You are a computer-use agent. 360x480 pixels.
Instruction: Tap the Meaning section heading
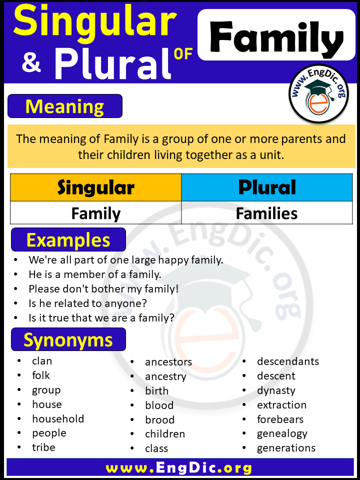pyautogui.click(x=65, y=106)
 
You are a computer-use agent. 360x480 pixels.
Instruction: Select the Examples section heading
pyautogui.click(x=68, y=240)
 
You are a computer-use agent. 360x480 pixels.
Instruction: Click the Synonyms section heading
pyautogui.click(x=68, y=340)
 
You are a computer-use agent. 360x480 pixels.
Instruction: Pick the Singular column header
pyautogui.click(x=96, y=187)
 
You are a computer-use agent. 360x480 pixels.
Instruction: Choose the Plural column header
pyautogui.click(x=267, y=187)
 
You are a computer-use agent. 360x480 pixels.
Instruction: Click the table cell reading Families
pyautogui.click(x=267, y=213)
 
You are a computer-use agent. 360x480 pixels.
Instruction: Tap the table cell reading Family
pyautogui.click(x=96, y=213)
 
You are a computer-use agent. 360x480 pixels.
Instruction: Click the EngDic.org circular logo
pyautogui.click(x=319, y=93)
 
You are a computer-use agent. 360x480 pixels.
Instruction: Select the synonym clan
pyautogui.click(x=42, y=360)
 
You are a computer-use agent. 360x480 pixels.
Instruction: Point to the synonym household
pyautogui.click(x=58, y=418)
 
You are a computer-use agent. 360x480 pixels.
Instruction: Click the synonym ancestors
pyautogui.click(x=168, y=361)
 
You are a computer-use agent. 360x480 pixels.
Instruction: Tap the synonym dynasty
pyautogui.click(x=276, y=390)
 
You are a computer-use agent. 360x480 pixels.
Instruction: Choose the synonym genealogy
pyautogui.click(x=282, y=433)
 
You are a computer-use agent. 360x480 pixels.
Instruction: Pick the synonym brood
pyautogui.click(x=159, y=419)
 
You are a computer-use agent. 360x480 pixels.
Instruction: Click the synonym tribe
pyautogui.click(x=43, y=447)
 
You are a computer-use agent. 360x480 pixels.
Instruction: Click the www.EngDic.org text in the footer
pyautogui.click(x=179, y=468)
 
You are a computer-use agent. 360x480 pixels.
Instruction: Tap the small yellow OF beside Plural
pyautogui.click(x=183, y=53)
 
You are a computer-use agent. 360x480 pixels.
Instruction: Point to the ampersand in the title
pyautogui.click(x=31, y=64)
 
